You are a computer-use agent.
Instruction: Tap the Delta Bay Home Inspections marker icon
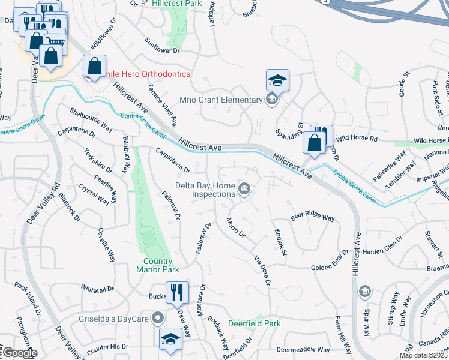point(244,190)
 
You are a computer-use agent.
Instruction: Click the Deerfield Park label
point(255,323)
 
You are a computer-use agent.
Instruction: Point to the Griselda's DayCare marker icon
point(158,317)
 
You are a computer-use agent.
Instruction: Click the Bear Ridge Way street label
point(312,218)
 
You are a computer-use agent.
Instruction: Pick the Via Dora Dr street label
point(263,270)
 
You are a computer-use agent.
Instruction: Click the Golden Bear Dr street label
point(330,264)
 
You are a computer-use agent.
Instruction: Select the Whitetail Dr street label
point(97,289)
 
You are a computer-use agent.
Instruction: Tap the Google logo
point(20,353)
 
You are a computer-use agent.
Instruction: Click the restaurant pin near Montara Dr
point(176,292)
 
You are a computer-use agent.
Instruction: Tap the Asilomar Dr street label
point(204,238)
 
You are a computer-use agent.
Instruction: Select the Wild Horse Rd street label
point(357,139)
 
